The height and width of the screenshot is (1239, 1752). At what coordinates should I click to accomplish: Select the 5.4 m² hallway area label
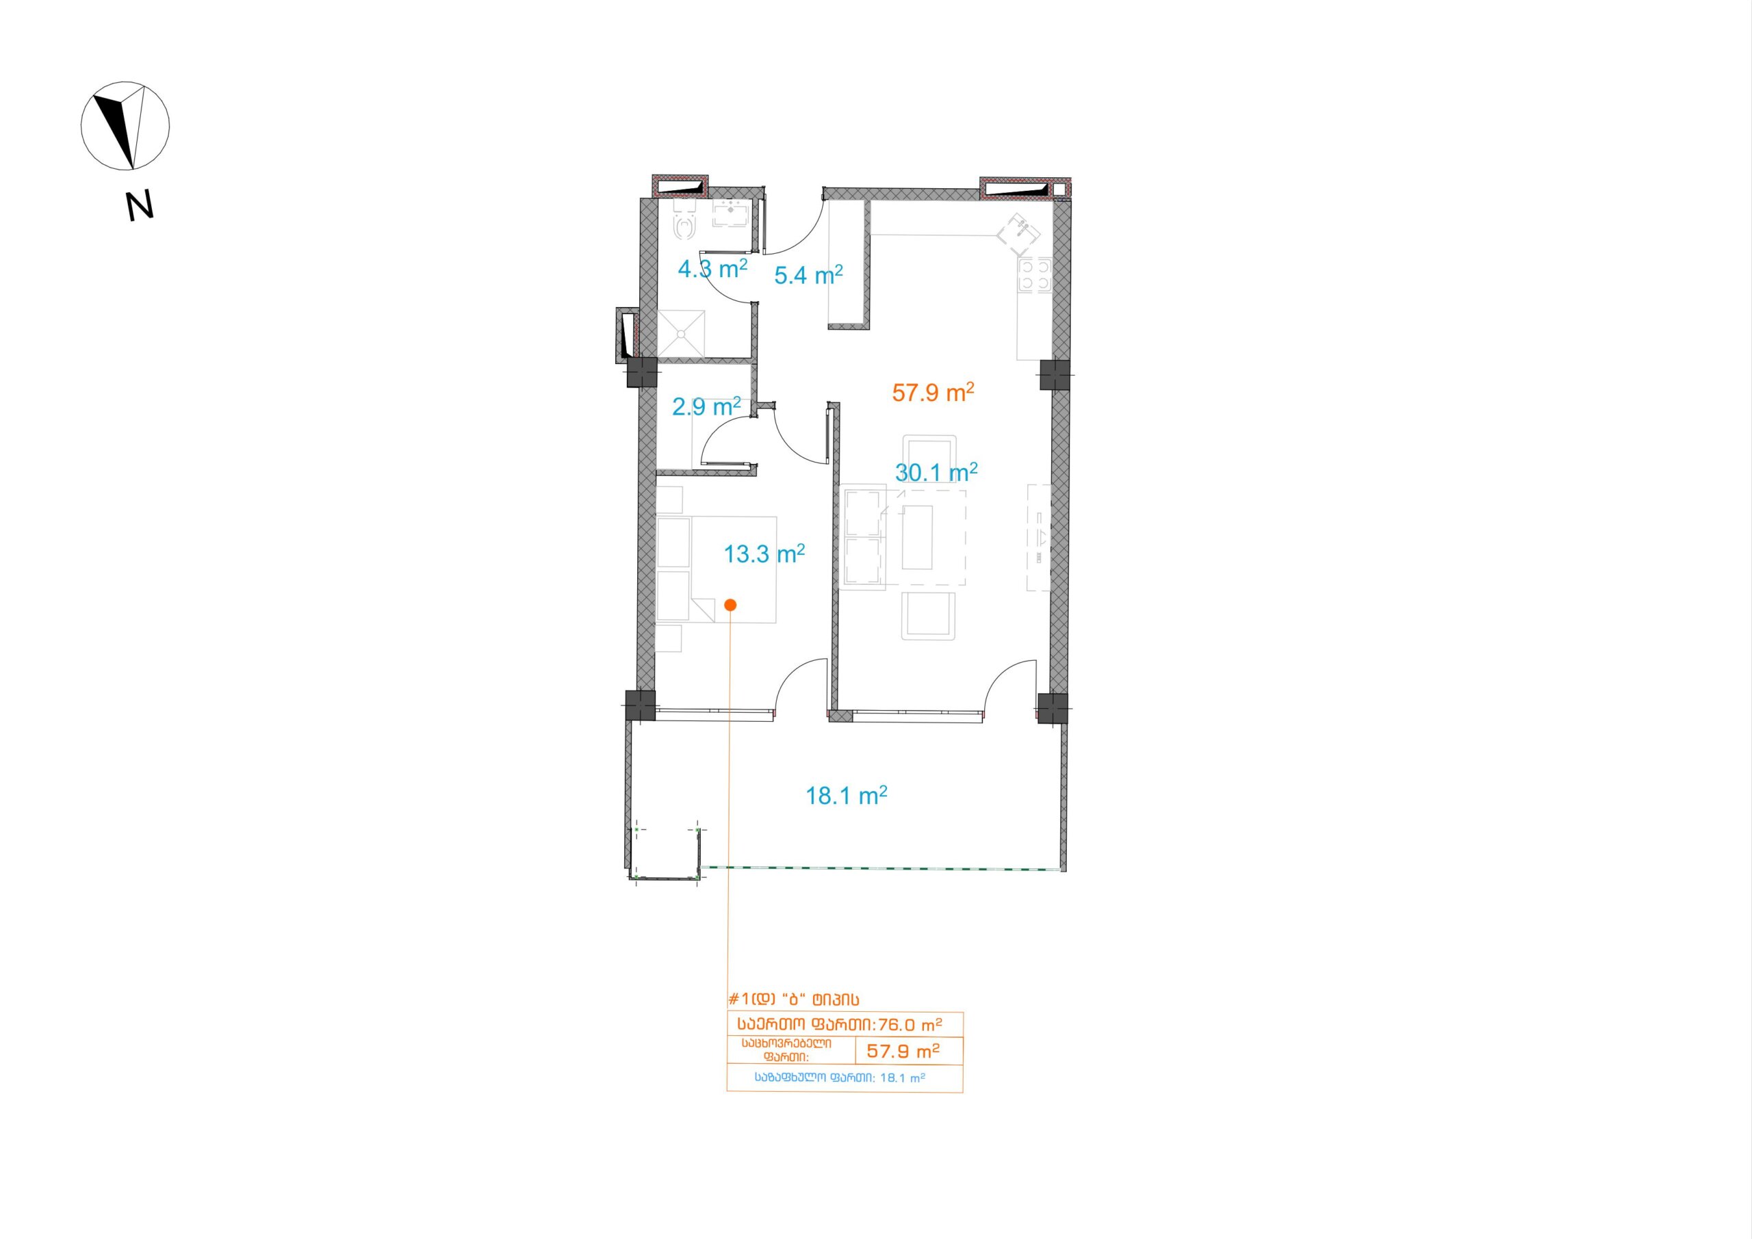[x=809, y=274]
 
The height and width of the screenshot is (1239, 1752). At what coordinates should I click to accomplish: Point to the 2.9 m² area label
[x=706, y=406]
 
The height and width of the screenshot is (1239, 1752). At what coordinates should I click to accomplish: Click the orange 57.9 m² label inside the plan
[x=933, y=392]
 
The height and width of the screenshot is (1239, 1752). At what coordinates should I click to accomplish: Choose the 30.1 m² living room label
[x=936, y=472]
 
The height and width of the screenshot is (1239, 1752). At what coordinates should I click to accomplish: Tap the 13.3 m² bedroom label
[x=764, y=553]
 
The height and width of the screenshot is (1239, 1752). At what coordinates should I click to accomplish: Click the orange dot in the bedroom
[x=730, y=605]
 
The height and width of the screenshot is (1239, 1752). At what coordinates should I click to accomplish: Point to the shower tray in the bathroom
[x=684, y=333]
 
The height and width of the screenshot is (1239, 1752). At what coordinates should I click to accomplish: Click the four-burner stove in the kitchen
[x=1035, y=274]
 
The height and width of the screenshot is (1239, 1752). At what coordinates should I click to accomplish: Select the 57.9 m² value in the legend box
[x=903, y=1051]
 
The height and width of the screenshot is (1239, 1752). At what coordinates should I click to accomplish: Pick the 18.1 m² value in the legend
[x=903, y=1079]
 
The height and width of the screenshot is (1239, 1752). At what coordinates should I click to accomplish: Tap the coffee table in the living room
[x=917, y=536]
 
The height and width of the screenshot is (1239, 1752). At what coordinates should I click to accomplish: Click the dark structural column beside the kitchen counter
[x=1054, y=375]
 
